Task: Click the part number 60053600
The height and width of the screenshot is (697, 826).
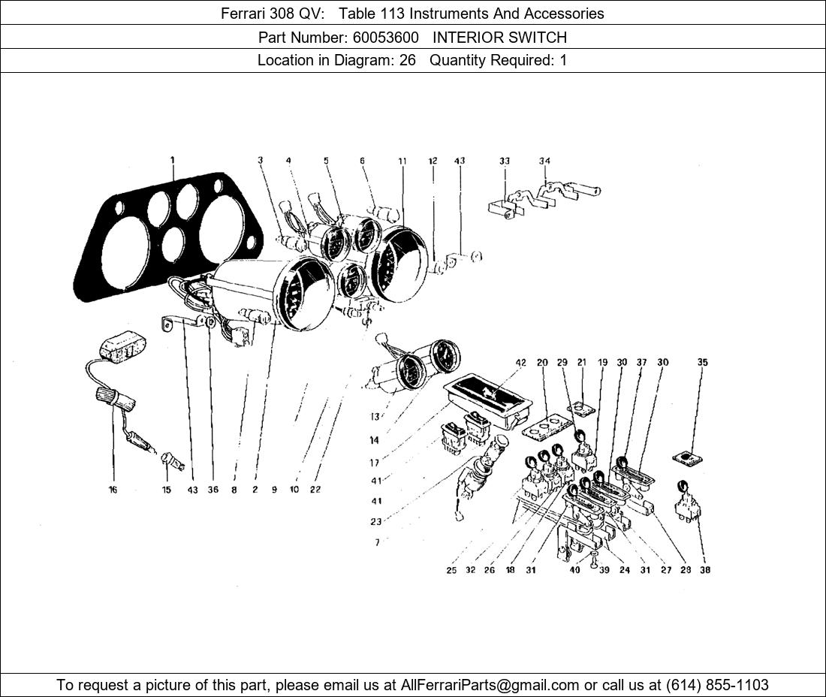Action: pos(386,38)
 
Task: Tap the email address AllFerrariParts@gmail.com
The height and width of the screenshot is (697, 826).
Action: pos(490,685)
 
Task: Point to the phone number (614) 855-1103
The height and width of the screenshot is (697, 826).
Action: pos(717,685)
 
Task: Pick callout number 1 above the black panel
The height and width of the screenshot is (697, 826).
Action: pos(172,160)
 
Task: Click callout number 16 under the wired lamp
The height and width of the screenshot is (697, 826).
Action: pos(113,490)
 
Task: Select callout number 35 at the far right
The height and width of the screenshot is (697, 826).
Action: pos(703,363)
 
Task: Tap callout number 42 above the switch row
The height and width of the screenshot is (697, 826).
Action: pos(520,363)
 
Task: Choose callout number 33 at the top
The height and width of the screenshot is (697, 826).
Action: pos(505,161)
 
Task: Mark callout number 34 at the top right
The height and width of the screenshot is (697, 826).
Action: pos(544,161)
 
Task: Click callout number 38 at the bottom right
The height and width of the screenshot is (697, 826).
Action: pos(705,569)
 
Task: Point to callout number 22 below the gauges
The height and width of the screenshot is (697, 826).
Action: pos(315,490)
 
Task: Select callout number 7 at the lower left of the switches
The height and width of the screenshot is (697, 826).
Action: pos(377,542)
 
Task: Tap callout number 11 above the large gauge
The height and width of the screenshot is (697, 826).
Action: pos(402,161)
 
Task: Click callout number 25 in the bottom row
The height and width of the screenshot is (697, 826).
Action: pos(451,570)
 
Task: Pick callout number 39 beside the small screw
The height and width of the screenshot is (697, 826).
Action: pos(604,570)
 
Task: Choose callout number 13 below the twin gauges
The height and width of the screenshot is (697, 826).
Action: pos(375,417)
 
